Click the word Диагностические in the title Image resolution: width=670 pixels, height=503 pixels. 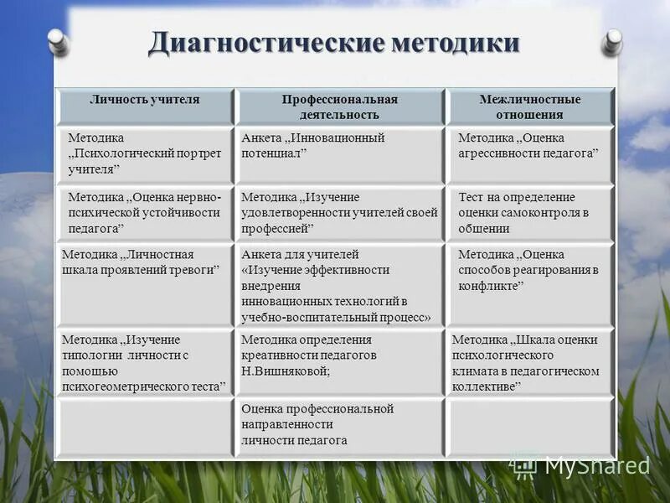[x=265, y=43]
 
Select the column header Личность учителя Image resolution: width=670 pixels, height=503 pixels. [x=145, y=100]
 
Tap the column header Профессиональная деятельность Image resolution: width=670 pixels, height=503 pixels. [x=339, y=107]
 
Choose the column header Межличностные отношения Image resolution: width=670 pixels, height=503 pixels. [x=529, y=107]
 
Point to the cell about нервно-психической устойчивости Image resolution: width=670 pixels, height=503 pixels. [x=144, y=213]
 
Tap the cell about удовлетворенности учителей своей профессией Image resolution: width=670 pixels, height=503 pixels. [x=339, y=213]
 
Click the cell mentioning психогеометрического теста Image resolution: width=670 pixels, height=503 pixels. [x=144, y=363]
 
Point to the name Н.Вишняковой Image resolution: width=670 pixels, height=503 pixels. [x=284, y=371]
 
